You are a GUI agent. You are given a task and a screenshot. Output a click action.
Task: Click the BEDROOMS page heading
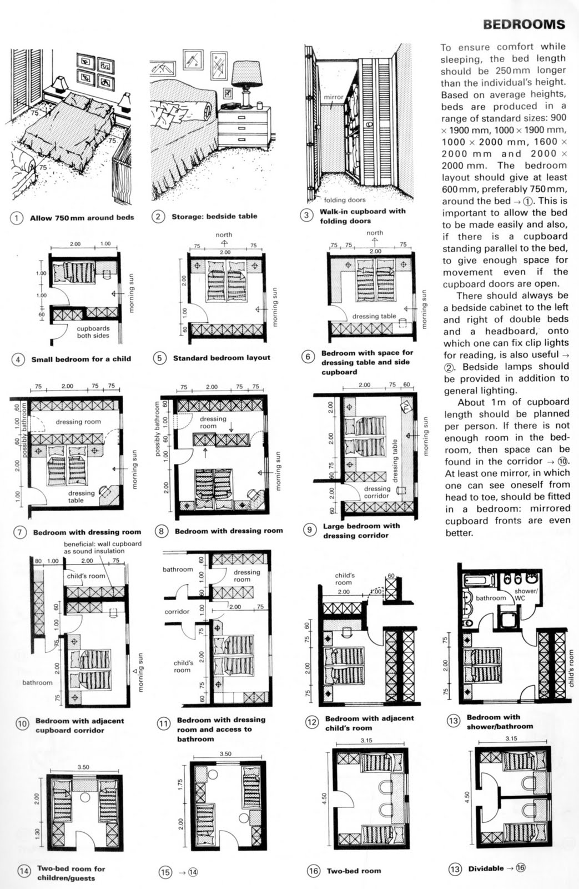click(523, 24)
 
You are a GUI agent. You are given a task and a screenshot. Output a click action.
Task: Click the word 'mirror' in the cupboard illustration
click(334, 97)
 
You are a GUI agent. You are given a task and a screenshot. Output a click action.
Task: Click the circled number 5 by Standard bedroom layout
click(159, 358)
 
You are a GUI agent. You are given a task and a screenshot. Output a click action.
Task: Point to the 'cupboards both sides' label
click(93, 332)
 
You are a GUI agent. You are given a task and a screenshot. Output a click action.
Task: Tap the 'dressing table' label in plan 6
click(374, 316)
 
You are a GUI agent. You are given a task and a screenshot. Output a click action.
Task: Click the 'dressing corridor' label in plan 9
click(377, 492)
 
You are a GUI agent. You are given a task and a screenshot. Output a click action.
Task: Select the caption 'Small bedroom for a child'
click(81, 359)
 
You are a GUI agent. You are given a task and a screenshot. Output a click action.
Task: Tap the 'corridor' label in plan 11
click(177, 612)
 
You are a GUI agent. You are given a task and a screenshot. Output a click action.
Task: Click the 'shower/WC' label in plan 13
click(525, 595)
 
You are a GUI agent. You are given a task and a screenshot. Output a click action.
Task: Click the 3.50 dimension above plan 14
click(83, 767)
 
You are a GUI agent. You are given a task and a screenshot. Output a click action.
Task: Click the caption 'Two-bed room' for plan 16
click(354, 871)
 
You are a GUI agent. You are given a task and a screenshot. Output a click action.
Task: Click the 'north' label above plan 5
click(224, 234)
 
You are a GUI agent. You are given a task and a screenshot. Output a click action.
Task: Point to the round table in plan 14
click(85, 797)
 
